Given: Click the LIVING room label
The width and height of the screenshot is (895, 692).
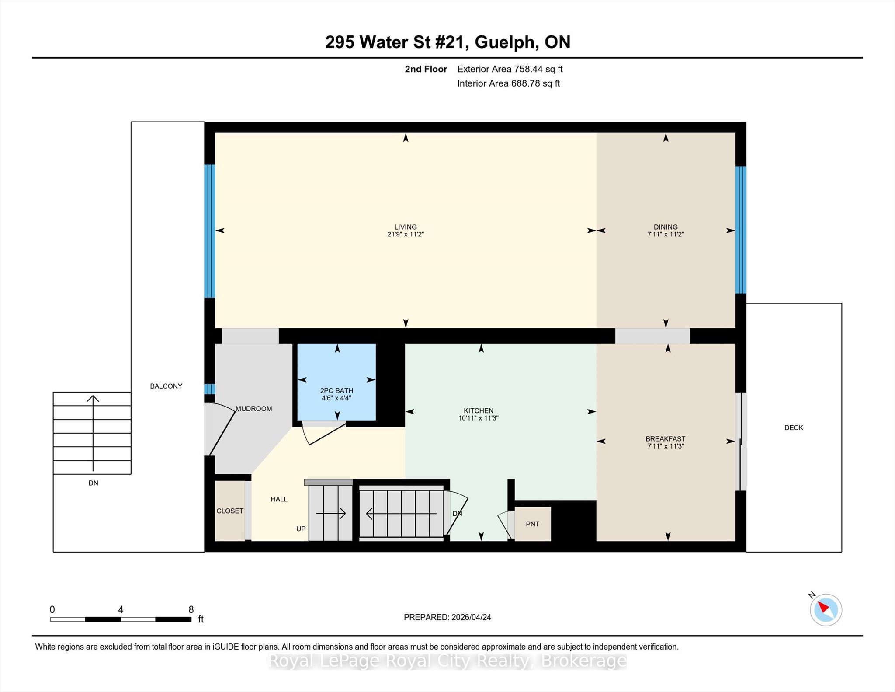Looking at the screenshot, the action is point(406,227).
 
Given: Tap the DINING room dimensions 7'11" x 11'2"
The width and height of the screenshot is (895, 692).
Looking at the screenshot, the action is point(666,234).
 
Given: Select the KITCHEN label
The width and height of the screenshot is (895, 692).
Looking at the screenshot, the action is point(479,410).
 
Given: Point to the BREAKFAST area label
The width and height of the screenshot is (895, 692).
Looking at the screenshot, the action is point(666,438).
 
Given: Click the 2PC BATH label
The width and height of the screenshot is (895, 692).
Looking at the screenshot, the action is point(336,390).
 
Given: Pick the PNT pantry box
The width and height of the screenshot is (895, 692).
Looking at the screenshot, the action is point(533,524).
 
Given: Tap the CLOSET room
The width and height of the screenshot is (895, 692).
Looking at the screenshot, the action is point(230,511).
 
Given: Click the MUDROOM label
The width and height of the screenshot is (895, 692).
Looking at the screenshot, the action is point(254,409).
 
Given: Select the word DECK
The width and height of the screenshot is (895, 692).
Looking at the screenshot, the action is point(794,428).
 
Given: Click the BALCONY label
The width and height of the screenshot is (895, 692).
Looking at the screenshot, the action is point(166,386).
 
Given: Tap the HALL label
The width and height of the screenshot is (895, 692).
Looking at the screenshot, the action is point(279,499).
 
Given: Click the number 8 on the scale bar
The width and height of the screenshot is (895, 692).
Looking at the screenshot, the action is point(191,609).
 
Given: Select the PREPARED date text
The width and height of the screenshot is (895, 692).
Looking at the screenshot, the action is point(447,617).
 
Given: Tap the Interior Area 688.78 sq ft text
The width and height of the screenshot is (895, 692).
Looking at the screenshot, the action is point(509,83).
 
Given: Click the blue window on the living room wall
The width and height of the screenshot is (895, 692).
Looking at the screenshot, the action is point(210,231).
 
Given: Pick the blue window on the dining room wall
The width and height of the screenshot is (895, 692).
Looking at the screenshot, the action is point(741,230).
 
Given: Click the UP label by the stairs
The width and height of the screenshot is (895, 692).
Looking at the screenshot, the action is point(301,529).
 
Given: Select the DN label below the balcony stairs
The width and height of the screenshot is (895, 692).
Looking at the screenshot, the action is point(93,483).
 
